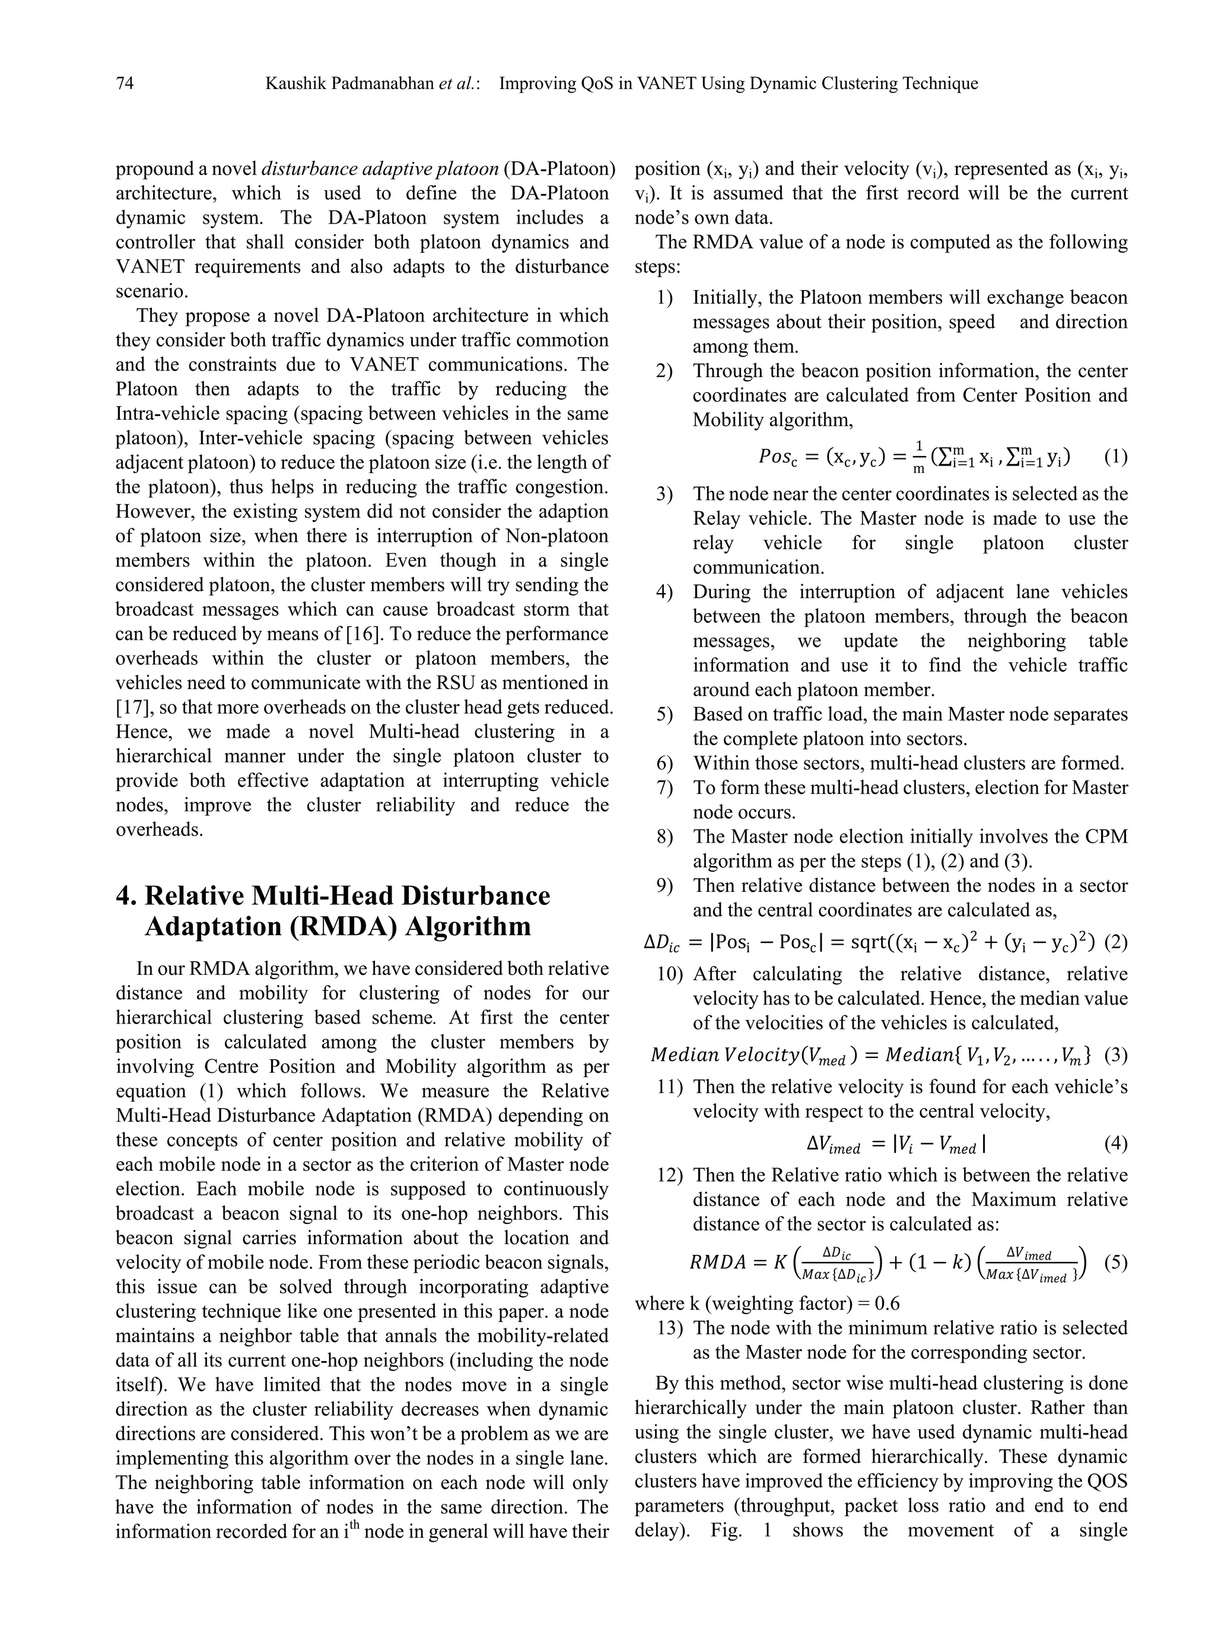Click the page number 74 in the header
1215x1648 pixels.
125,84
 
